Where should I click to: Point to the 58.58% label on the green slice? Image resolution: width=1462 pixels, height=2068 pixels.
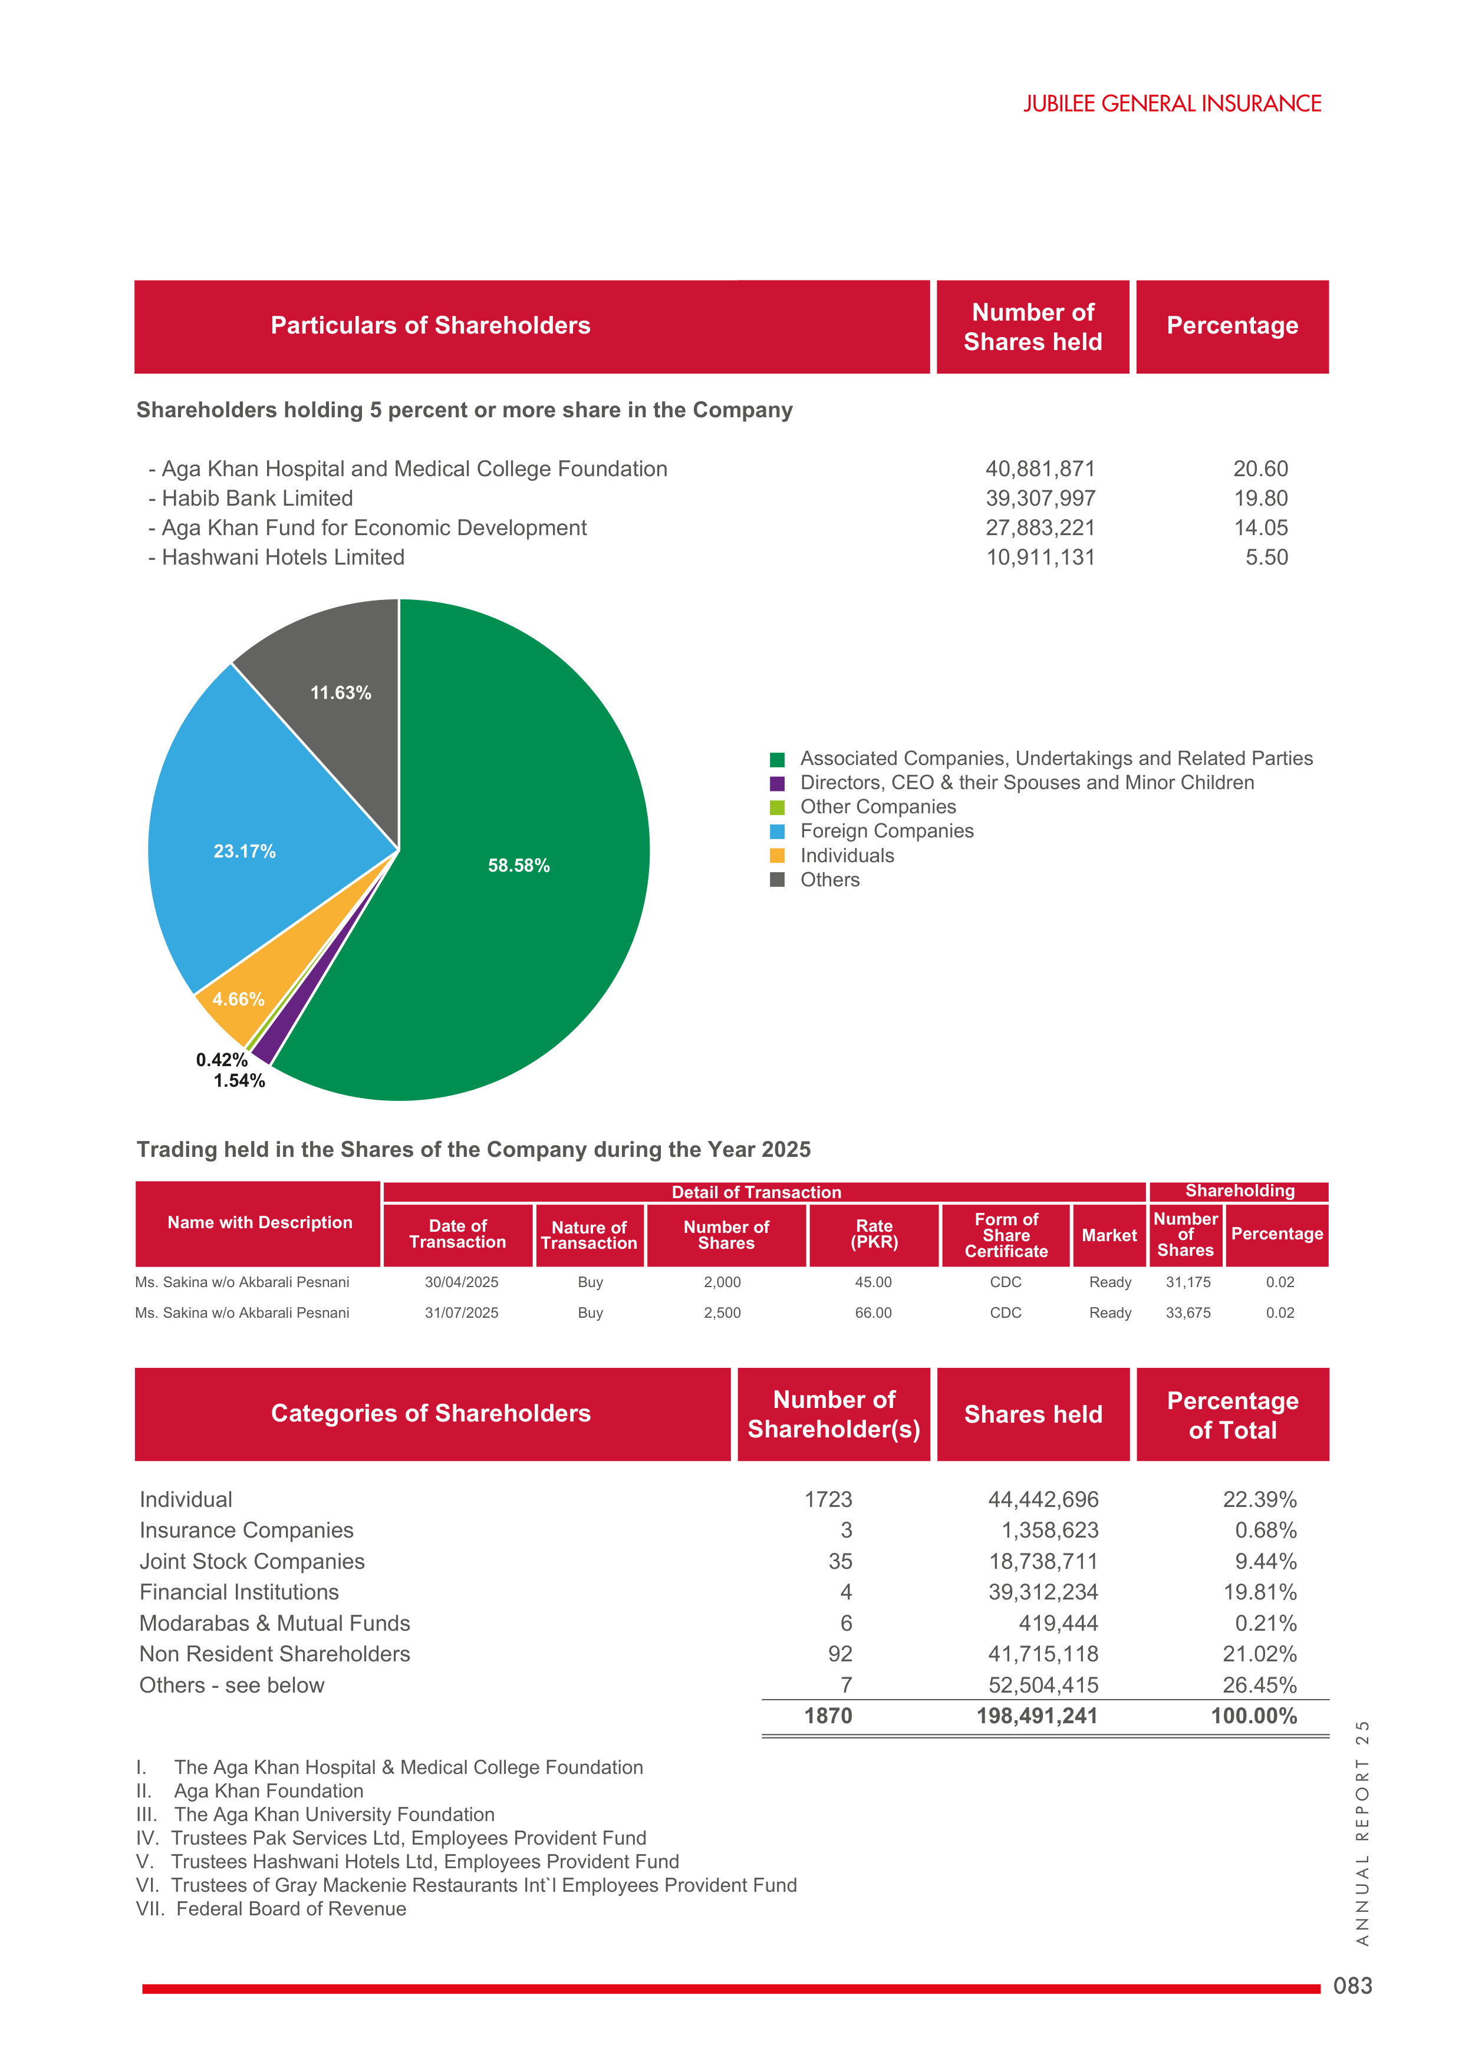tap(519, 866)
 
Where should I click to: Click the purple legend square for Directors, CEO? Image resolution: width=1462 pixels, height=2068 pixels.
tap(778, 784)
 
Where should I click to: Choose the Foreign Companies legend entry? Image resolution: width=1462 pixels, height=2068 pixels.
tap(887, 832)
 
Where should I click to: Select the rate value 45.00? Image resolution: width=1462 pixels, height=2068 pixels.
tap(873, 1282)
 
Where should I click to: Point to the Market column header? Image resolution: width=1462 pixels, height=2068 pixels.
tap(1109, 1236)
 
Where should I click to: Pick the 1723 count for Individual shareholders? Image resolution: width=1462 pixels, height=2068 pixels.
tap(828, 1500)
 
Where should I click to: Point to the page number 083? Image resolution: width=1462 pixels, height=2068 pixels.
tap(1352, 1986)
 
